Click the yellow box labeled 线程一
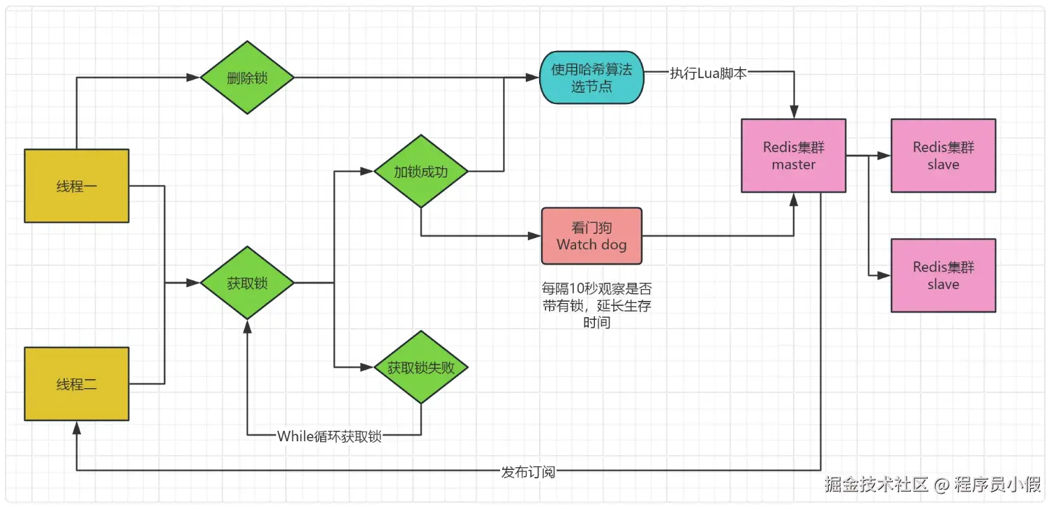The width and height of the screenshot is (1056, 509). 77,186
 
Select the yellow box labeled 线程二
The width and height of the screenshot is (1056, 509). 77,383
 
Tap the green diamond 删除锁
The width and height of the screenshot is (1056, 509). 247,78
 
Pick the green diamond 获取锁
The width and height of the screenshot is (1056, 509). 247,283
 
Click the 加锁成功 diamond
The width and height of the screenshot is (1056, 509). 421,171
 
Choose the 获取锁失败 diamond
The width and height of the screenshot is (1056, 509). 421,367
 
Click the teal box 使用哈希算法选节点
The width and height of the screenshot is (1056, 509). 592,78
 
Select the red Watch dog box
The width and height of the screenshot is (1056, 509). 591,236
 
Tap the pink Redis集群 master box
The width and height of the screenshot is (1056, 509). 793,156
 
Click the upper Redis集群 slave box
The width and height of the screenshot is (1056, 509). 943,156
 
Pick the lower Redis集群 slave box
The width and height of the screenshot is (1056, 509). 943,275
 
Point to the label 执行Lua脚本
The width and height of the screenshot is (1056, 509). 708,73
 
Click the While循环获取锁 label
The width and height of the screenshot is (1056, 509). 329,436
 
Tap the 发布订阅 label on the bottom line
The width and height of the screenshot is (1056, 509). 528,471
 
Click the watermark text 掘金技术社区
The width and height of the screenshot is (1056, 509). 876,484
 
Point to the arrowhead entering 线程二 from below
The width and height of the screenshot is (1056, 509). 77,427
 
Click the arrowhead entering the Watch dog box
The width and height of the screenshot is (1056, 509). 536,236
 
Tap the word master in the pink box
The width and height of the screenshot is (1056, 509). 793,165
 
